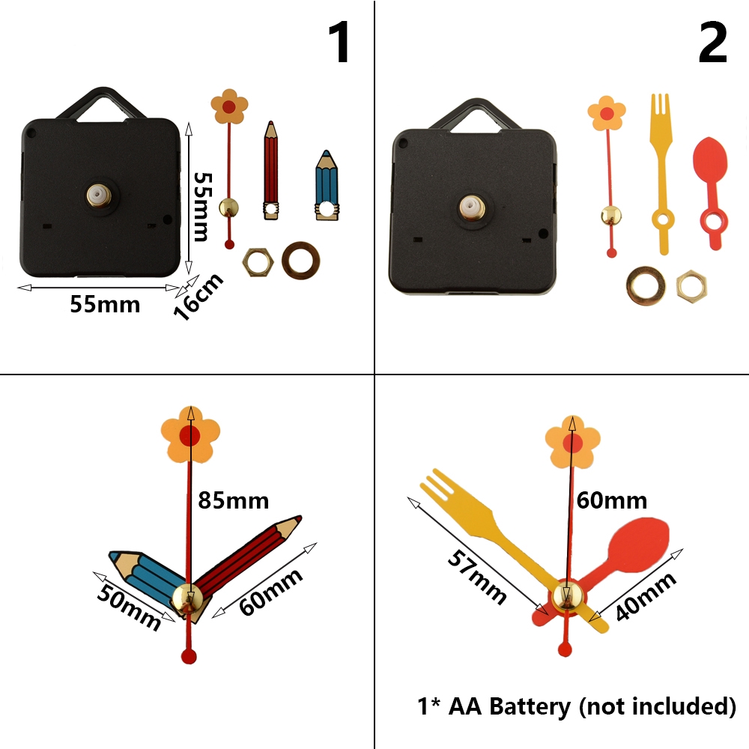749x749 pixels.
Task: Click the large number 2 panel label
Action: point(712,43)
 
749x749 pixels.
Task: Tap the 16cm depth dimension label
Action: point(199,297)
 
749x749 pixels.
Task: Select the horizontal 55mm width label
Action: point(105,304)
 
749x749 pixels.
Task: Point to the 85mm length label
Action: point(233,500)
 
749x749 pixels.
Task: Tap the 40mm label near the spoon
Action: point(646,595)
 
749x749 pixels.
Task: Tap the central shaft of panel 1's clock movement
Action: point(98,195)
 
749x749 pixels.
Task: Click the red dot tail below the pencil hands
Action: point(188,657)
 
